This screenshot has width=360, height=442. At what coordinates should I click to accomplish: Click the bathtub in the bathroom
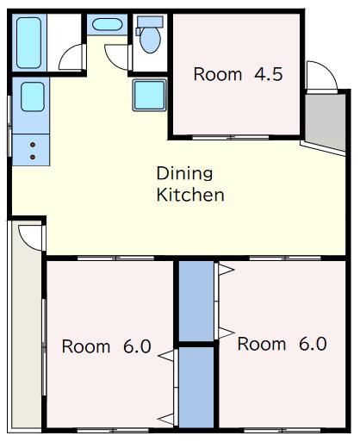28,43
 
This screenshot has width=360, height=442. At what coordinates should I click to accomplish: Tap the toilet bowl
150,40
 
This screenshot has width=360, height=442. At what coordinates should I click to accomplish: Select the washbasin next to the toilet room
107,24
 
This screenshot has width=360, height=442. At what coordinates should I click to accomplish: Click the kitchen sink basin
33,96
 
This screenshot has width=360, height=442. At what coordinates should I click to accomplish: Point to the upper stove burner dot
33,145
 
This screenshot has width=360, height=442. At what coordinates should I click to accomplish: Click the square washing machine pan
150,95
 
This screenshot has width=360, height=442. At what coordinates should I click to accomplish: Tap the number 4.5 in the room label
269,74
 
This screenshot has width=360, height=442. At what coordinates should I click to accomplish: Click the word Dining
184,174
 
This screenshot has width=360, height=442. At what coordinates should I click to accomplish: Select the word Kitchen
190,195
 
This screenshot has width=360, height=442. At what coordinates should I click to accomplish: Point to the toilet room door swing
110,62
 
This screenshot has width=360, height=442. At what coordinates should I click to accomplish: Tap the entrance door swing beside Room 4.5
329,69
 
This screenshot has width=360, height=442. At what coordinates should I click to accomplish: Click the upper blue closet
196,301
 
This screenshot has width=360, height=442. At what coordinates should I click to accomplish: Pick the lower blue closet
196,388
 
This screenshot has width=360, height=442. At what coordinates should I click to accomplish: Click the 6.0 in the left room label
137,346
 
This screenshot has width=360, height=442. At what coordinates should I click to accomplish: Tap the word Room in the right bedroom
262,344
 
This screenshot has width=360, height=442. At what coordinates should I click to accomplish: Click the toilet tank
150,22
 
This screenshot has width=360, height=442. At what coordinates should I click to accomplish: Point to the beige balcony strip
27,327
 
